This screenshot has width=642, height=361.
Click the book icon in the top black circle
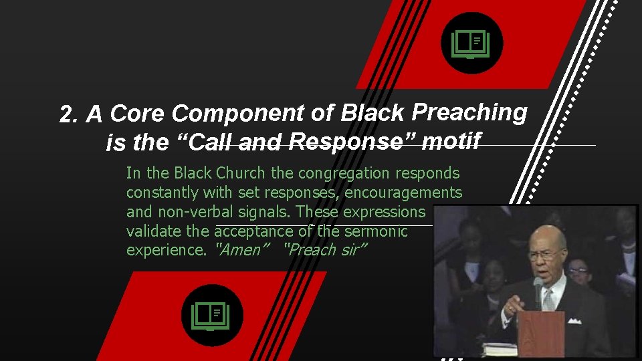[471, 44]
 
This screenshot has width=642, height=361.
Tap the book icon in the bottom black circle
[211, 315]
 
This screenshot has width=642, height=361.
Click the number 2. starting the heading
[70, 116]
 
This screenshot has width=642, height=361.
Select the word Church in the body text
[241, 173]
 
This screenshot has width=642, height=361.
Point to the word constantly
[162, 193]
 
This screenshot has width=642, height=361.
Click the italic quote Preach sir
[326, 251]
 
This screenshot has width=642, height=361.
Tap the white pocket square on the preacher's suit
[574, 321]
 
